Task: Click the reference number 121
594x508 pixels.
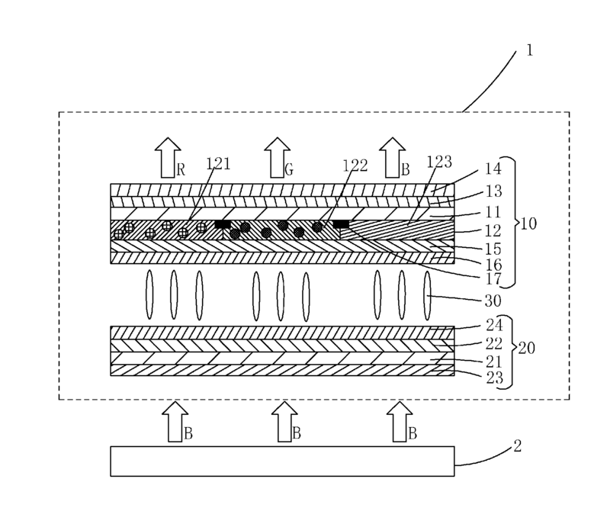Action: pos(218,164)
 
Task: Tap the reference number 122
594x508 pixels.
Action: pos(355,166)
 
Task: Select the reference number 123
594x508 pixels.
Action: pos(439,162)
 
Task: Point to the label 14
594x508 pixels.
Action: pos(493,169)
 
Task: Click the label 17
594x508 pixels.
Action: pos(493,279)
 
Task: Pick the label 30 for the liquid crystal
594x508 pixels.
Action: pos(493,301)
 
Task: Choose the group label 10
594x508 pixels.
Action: pos(529,224)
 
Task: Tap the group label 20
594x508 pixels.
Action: pos(527,348)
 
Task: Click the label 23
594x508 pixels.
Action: pos(495,378)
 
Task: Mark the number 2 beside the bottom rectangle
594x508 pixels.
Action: pos(518,445)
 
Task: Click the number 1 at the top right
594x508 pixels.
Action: pos(530,50)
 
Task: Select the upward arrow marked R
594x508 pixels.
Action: pos(168,158)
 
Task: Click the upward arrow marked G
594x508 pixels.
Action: pos(278,158)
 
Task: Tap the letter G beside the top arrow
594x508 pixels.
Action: pos(289,169)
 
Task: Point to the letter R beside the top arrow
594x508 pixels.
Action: pos(181,170)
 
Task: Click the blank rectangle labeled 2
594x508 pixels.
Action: pos(282,461)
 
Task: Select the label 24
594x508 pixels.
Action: pos(495,325)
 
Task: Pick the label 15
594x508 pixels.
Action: pos(493,249)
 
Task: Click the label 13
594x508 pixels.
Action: pos(494,191)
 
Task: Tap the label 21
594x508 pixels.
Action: pos(494,362)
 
